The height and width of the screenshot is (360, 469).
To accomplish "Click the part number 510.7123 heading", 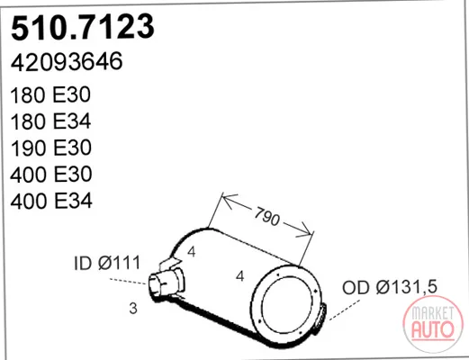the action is click(83, 27).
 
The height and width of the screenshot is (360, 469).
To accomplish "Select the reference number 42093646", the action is click(67, 61).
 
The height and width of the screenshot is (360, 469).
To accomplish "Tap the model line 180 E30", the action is click(50, 94).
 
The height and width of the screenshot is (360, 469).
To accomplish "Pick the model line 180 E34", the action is click(50, 121).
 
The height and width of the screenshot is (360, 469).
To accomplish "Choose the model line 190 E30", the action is click(50, 148).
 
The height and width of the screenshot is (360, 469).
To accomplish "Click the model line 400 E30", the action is click(51, 175).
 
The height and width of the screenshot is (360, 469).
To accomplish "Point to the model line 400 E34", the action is click(51, 201).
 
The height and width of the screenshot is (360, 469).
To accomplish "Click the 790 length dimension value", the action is click(266, 216).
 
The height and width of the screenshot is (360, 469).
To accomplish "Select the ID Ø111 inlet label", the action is click(107, 263).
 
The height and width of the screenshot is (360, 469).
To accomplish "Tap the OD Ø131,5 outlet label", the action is click(390, 287).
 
